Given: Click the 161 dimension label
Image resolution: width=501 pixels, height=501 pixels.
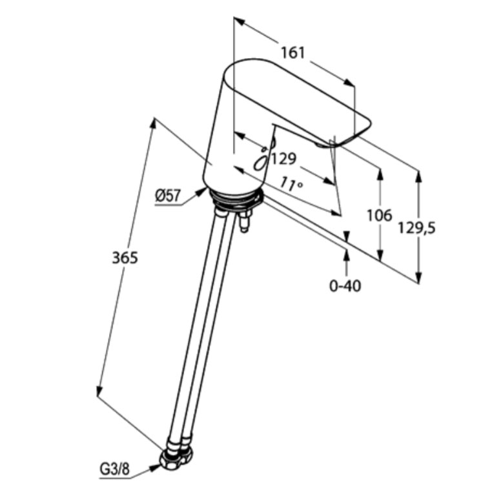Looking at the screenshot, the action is [x=293, y=53].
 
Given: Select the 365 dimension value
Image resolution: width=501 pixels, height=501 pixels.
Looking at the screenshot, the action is [x=125, y=258].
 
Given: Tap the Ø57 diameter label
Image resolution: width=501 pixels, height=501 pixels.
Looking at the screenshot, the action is [x=168, y=195].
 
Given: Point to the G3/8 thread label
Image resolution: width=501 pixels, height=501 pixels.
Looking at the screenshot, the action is [x=115, y=469].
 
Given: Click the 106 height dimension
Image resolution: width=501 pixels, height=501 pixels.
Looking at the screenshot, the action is [x=379, y=216].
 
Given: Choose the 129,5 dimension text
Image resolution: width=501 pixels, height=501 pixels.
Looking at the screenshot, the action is [x=416, y=228].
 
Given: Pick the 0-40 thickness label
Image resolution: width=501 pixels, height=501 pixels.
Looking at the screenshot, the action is [x=345, y=286].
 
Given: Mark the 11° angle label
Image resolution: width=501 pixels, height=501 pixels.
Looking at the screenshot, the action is [x=291, y=185].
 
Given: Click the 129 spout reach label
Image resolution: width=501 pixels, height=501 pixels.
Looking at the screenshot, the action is [x=283, y=159].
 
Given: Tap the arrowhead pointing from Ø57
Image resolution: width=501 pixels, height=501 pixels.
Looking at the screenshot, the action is [x=201, y=192].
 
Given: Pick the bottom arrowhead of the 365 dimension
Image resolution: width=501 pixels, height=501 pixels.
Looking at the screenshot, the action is [x=99, y=391].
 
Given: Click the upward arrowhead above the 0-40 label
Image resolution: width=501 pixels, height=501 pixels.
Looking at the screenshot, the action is [x=346, y=256].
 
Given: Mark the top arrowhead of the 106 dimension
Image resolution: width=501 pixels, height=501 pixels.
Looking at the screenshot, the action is [x=380, y=174].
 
